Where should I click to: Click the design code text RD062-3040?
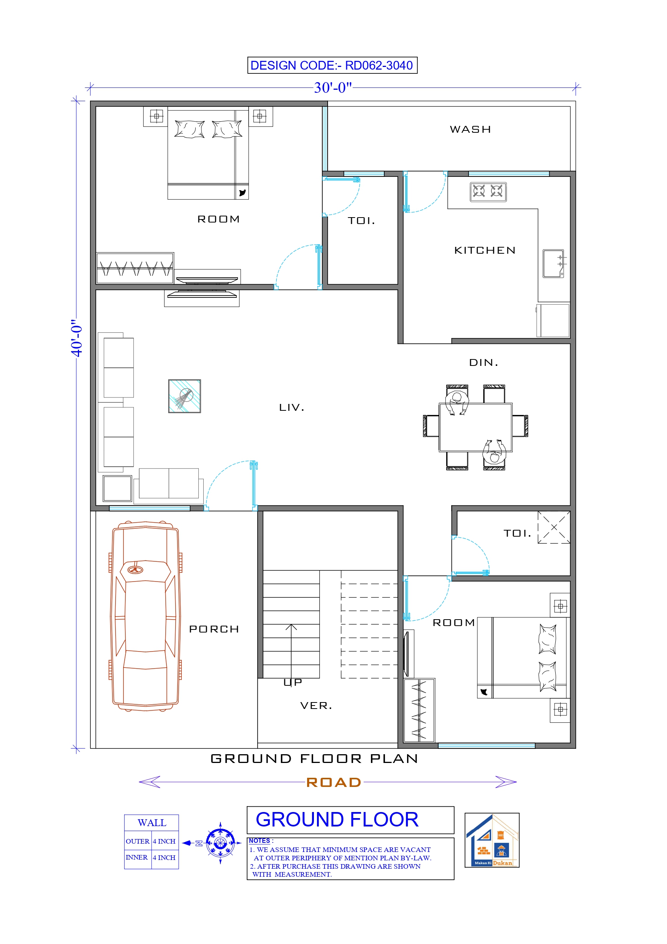(379, 65)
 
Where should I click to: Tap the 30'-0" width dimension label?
(333, 87)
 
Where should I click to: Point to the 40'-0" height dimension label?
(77, 338)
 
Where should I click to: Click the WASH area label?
(470, 130)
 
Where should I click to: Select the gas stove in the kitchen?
(488, 192)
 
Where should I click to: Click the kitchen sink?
(553, 264)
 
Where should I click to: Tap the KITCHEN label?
(485, 250)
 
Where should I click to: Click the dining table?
(475, 428)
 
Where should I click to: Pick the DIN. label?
(483, 362)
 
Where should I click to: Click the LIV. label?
(292, 407)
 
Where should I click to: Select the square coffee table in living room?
(185, 396)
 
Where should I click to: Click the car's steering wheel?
(135, 570)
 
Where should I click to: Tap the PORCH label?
(214, 629)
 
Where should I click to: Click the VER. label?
(315, 706)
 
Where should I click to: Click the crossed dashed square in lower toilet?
(554, 527)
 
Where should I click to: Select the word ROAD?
(333, 782)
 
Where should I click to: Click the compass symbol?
(220, 843)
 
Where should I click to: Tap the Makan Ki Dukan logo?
(491, 840)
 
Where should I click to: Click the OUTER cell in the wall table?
(138, 841)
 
